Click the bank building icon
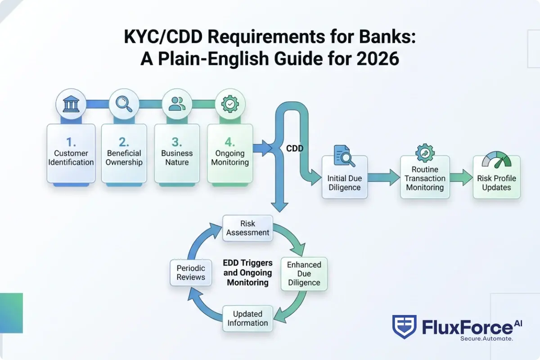coord(71,103)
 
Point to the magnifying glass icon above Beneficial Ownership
coord(124,103)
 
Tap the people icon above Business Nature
coord(177,103)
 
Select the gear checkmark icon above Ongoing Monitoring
coord(230,103)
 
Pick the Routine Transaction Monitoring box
coord(425,177)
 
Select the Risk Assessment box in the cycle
coord(247,228)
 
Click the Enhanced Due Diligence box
coord(304,274)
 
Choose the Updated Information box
coord(247,318)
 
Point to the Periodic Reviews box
coord(191,272)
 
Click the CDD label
coord(295,148)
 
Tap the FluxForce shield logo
coord(404,326)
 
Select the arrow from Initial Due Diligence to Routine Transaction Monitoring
coord(384,177)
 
